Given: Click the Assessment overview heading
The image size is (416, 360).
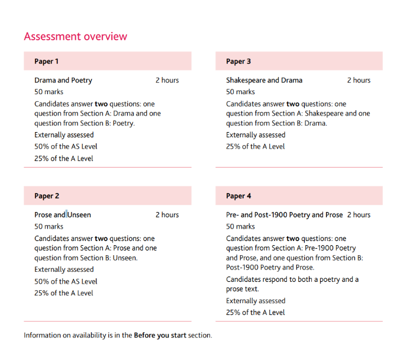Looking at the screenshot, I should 75,37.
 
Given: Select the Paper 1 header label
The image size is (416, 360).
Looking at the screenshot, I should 46,62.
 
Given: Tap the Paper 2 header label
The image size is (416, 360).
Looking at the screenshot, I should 47,196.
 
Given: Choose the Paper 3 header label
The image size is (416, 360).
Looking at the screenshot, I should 238,62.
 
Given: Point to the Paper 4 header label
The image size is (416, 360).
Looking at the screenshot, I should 238,196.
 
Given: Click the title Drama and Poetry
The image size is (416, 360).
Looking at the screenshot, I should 63,81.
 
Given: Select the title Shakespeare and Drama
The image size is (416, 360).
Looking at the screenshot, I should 264,81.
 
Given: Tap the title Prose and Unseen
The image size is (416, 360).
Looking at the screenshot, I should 63,215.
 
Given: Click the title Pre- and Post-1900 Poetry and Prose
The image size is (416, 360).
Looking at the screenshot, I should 284,215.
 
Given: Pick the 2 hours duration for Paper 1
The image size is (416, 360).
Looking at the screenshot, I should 167,81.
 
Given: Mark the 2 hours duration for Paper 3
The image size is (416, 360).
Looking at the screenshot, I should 359,81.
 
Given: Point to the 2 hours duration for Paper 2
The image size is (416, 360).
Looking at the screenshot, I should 167,215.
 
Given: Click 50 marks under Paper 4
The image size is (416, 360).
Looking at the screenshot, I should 240,227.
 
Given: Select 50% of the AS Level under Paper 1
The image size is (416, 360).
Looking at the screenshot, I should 66,147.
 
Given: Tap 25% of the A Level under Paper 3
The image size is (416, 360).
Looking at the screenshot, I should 255,147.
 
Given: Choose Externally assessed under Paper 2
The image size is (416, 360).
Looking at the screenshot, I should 64,270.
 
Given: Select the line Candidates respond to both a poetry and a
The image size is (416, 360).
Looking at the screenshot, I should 292,279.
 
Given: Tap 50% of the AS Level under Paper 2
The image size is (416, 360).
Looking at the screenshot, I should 66,282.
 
